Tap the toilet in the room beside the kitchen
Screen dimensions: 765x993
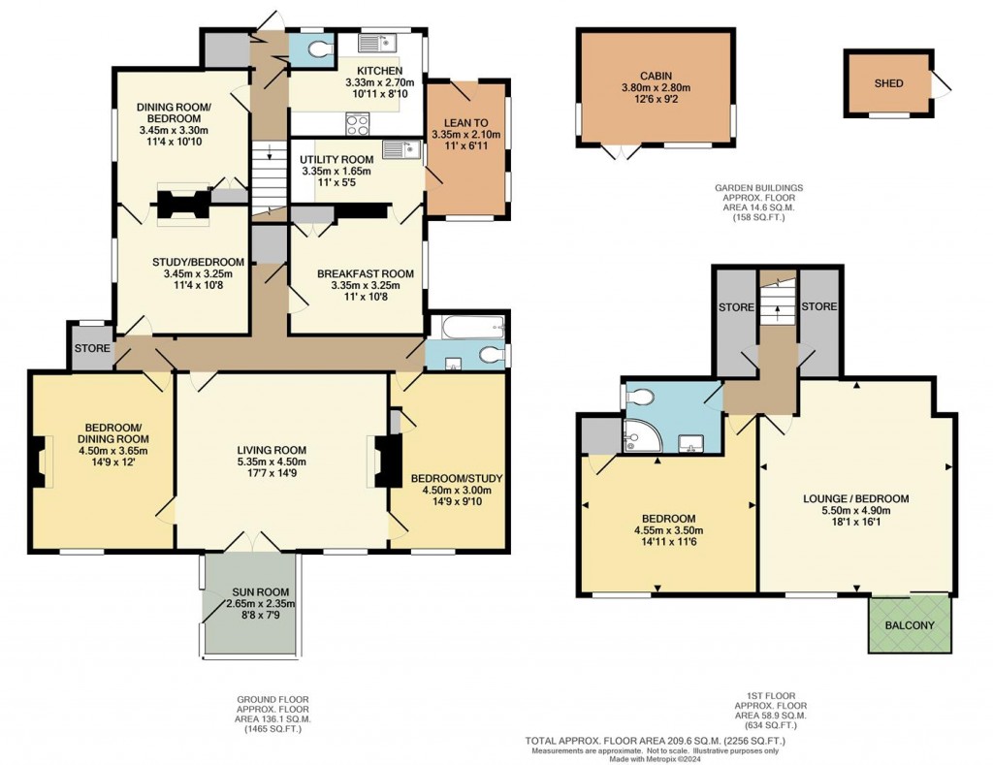(315, 49)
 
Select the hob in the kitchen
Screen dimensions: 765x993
(358, 123)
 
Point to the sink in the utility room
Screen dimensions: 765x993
(398, 149)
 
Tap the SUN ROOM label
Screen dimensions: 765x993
(252, 590)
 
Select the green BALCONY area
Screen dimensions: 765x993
(910, 624)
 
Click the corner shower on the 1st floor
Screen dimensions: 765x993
(640, 439)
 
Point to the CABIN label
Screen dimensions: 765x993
(655, 75)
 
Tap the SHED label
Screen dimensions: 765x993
(888, 83)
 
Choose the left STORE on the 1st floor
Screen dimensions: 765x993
(736, 307)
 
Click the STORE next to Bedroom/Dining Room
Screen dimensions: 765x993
(92, 348)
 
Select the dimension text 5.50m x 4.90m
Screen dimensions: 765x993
(856, 512)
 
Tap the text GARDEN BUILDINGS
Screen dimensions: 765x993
(758, 188)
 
